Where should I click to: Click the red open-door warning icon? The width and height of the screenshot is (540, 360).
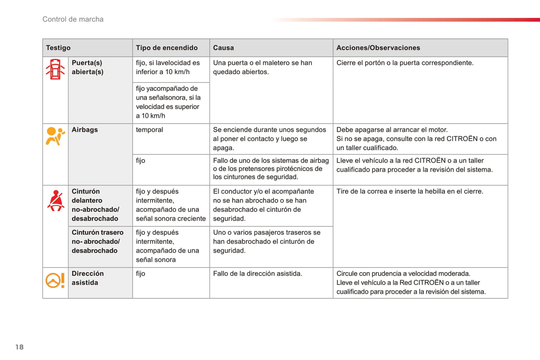pyautogui.click(x=55, y=69)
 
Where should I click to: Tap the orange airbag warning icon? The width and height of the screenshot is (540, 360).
pyautogui.click(x=55, y=136)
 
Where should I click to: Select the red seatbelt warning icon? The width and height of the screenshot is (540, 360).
pyautogui.click(x=56, y=201)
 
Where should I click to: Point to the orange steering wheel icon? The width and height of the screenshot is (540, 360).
pyautogui.click(x=55, y=280)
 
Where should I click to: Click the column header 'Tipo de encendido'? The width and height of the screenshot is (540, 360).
pyautogui.click(x=167, y=48)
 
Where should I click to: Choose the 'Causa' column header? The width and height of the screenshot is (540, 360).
pyautogui.click(x=223, y=48)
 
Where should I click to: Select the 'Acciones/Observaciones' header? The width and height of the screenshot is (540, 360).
pyautogui.click(x=378, y=48)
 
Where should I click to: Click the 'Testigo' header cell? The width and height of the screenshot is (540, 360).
pyautogui.click(x=58, y=48)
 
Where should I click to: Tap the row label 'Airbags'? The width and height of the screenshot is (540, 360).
pyautogui.click(x=85, y=130)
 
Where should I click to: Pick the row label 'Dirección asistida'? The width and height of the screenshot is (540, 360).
pyautogui.click(x=88, y=278)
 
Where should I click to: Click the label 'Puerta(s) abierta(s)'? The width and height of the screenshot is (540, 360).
pyautogui.click(x=87, y=68)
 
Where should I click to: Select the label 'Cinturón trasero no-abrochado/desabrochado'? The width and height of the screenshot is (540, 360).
pyautogui.click(x=97, y=242)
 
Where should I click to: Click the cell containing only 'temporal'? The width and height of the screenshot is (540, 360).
pyautogui.click(x=149, y=130)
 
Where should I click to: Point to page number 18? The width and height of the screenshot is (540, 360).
pyautogui.click(x=19, y=347)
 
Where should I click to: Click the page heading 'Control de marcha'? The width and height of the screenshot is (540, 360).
pyautogui.click(x=73, y=19)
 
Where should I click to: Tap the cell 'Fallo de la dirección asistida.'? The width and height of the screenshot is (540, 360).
pyautogui.click(x=257, y=274)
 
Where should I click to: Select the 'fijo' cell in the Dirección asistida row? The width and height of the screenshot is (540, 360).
pyautogui.click(x=141, y=274)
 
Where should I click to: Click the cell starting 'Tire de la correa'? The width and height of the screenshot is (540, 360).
pyautogui.click(x=410, y=192)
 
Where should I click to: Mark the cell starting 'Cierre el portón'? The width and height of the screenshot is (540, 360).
pyautogui.click(x=405, y=63)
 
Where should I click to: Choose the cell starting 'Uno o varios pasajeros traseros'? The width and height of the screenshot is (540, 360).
pyautogui.click(x=266, y=242)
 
